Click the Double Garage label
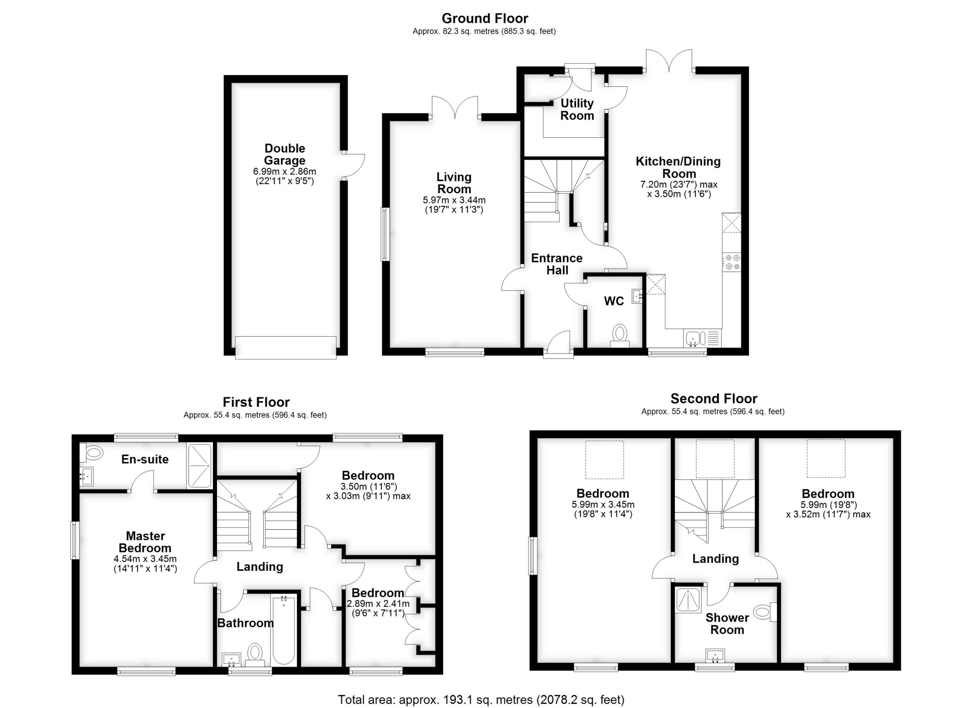(284, 154)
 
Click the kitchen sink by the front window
(694, 338)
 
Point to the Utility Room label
(577, 110)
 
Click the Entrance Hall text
(557, 264)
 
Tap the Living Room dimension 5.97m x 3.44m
(454, 200)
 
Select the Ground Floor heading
(485, 19)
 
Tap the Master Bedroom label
(145, 542)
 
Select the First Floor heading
(256, 402)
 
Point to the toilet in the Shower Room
(764, 612)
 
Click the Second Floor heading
(714, 398)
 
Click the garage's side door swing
(354, 165)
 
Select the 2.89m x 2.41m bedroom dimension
(378, 604)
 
